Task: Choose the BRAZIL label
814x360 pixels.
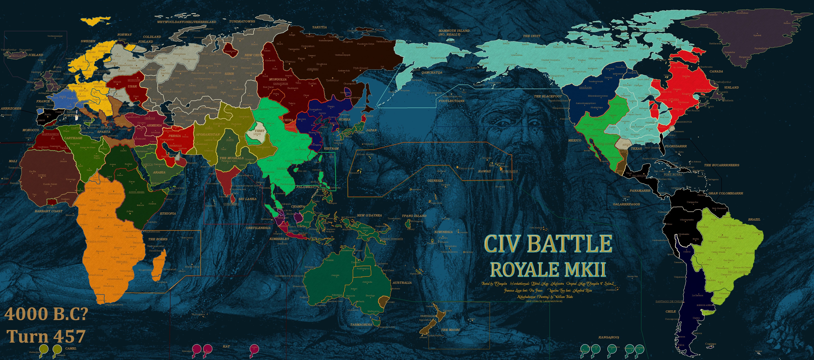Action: [x=754, y=219]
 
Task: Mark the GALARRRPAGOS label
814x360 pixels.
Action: [x=626, y=204]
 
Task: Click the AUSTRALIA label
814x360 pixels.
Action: [x=402, y=283]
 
